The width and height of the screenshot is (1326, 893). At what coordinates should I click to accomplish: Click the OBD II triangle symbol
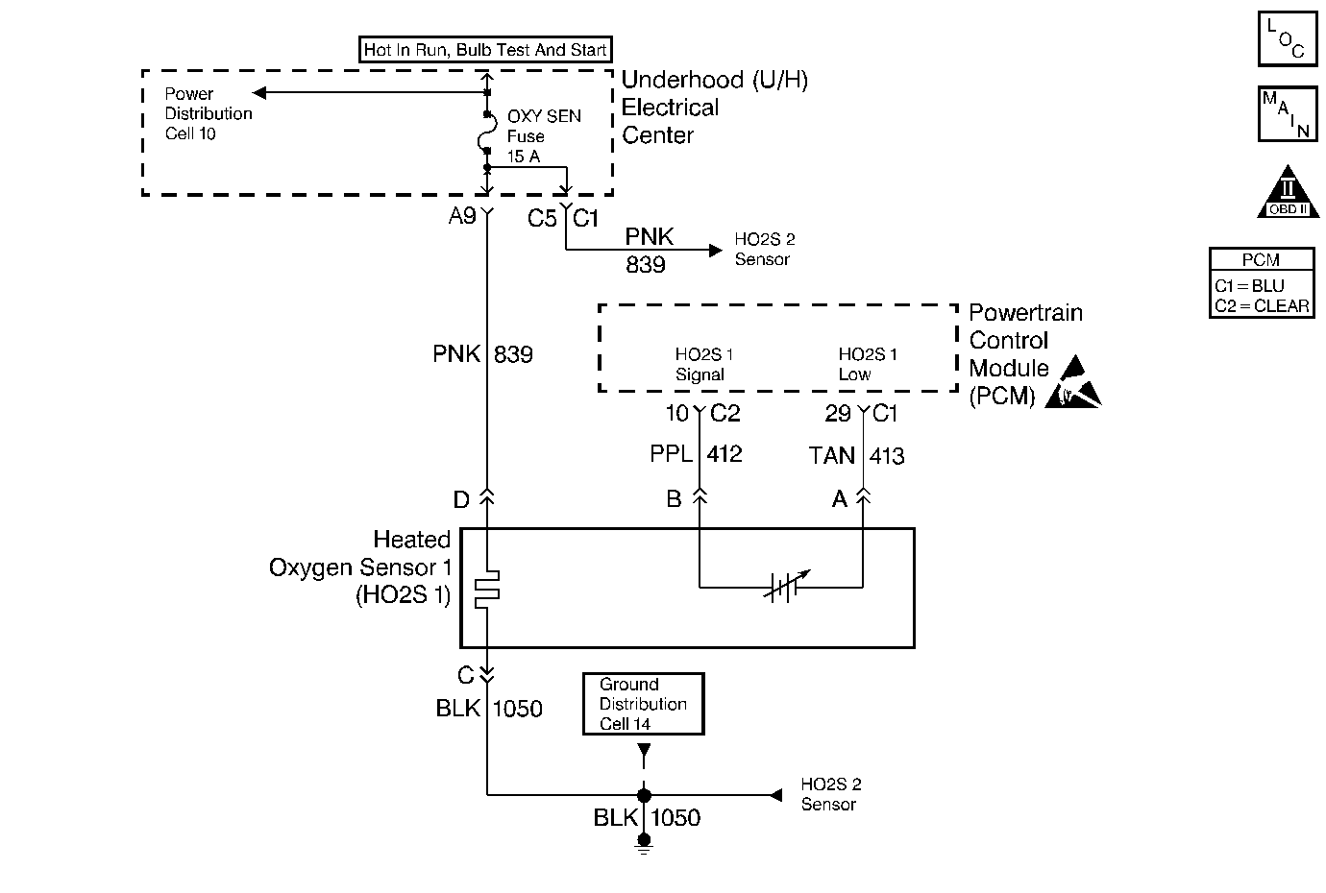point(1288,192)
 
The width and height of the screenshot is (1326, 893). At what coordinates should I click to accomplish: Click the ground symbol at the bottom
point(644,844)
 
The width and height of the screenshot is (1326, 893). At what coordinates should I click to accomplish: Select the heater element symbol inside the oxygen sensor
point(487,589)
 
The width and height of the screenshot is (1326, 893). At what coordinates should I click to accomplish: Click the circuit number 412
point(724,454)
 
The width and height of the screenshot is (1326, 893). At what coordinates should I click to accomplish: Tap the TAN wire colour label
point(832,456)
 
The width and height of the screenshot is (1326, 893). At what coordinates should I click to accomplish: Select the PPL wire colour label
point(671,454)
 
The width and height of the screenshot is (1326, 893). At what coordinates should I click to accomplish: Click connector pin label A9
point(462,216)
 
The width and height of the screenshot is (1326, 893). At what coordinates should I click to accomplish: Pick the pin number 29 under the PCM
point(838,414)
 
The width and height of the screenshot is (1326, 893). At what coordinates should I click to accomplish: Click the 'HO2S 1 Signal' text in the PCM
point(704,364)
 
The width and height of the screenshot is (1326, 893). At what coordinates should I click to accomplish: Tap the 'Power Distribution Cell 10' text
point(209,113)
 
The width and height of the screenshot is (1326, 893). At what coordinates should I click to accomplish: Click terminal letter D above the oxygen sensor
point(461,500)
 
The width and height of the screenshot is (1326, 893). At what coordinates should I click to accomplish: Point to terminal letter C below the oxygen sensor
point(465,675)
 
